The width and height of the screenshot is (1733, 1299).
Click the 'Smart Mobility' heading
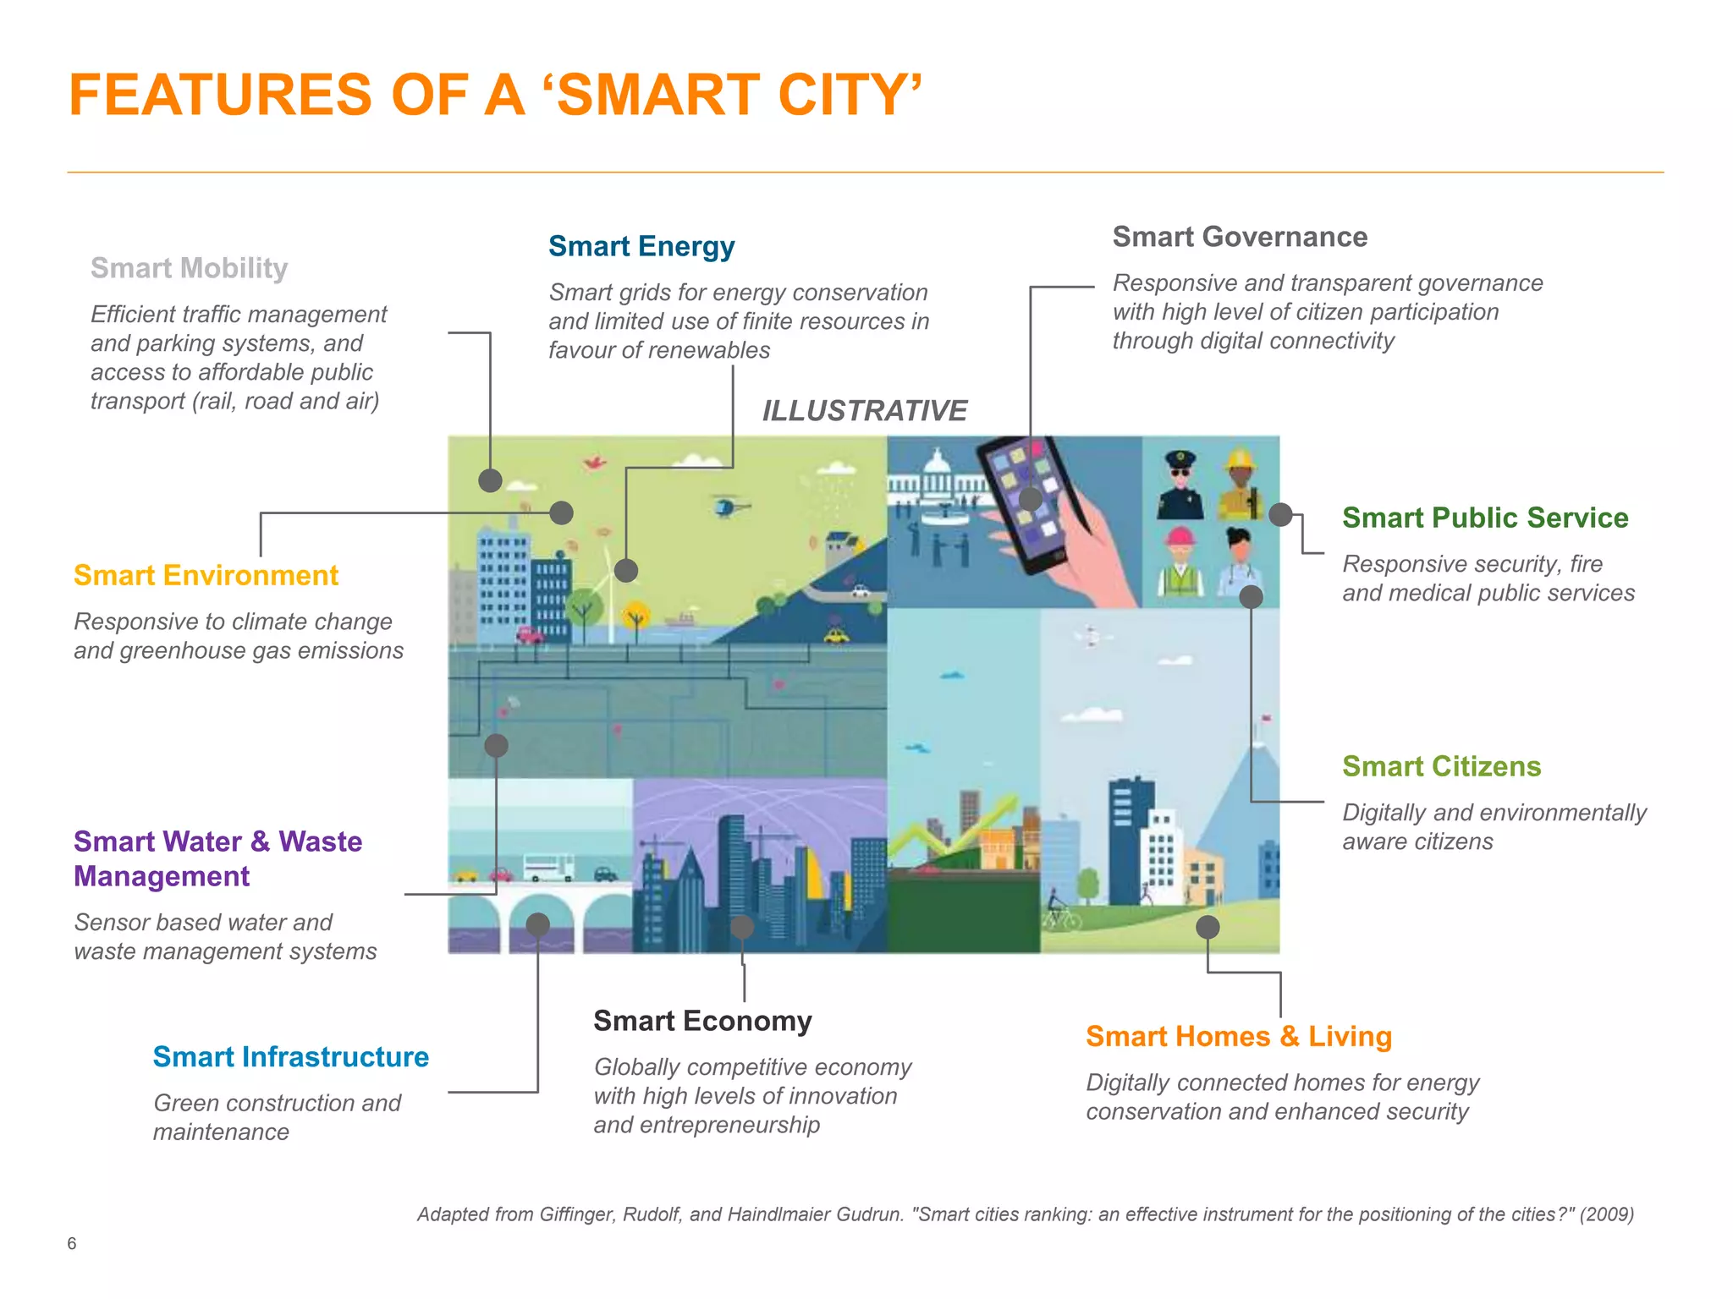point(189,268)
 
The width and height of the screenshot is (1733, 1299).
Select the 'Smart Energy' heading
point(641,246)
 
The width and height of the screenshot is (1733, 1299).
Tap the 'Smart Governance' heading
point(1240,237)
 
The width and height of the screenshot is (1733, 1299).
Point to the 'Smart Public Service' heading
point(1485,518)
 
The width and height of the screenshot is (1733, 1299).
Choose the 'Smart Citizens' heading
point(1441,766)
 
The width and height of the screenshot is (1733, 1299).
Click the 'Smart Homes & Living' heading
point(1239,1036)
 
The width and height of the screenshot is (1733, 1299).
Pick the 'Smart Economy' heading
point(702,1021)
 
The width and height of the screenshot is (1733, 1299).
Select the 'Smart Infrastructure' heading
point(290,1057)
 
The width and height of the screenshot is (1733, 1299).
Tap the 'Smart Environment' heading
point(206,575)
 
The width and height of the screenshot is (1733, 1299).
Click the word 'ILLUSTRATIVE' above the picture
point(864,411)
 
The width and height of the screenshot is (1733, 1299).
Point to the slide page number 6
point(72,1243)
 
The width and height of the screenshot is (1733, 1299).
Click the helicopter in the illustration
point(727,506)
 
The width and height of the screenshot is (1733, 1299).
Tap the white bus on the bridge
point(547,868)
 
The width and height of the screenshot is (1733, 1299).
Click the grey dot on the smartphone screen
point(1030,499)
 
